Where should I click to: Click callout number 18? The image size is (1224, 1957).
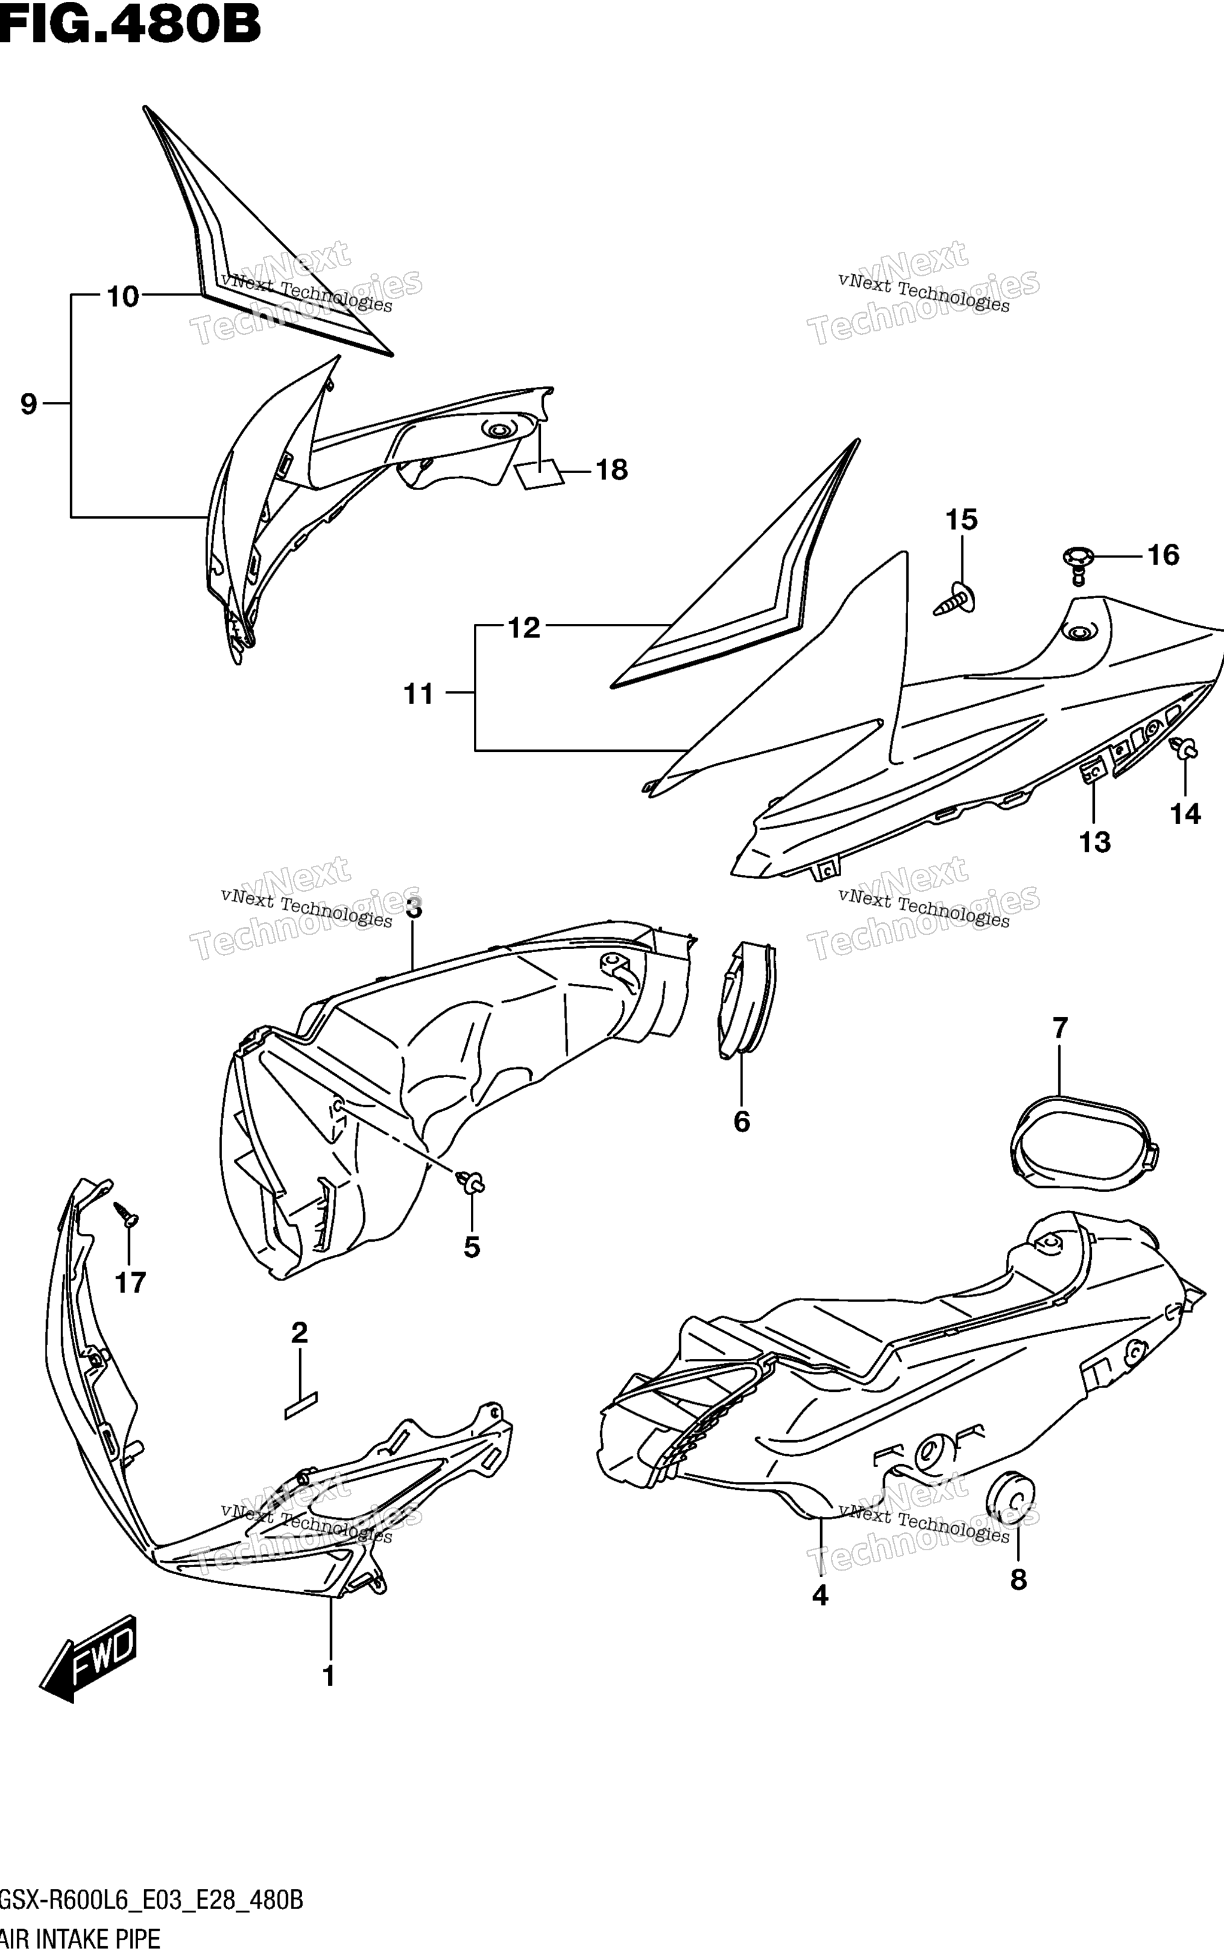[x=612, y=470]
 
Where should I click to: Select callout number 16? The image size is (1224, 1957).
[x=1164, y=555]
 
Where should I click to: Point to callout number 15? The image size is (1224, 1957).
[x=962, y=520]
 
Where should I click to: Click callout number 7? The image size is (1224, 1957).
[x=1059, y=1028]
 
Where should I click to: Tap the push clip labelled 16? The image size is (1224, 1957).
[x=1077, y=562]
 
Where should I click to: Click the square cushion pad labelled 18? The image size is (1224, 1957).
[x=539, y=474]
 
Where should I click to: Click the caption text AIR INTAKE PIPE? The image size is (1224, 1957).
[x=80, y=1939]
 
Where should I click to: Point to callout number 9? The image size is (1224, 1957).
[x=28, y=403]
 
